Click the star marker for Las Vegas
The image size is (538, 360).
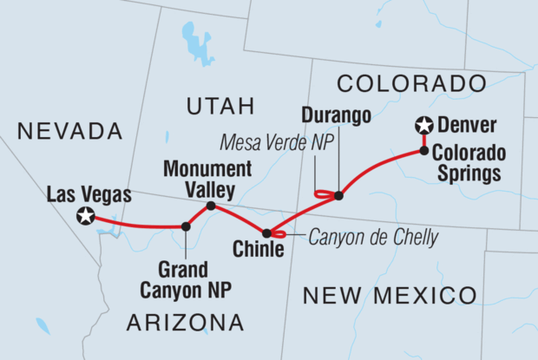pyautogui.click(x=85, y=216)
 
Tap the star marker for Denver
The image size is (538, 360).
pyautogui.click(x=423, y=127)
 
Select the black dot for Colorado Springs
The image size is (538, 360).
pyautogui.click(x=423, y=150)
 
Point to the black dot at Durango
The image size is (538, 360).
pyautogui.click(x=338, y=195)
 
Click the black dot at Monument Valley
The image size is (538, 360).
pyautogui.click(x=211, y=206)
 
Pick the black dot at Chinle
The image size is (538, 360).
pyautogui.click(x=266, y=232)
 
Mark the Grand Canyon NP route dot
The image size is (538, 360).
pyautogui.click(x=186, y=226)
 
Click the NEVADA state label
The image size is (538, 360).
pyautogui.click(x=69, y=131)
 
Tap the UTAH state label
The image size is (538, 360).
pyautogui.click(x=220, y=106)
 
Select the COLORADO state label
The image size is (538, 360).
pyautogui.click(x=410, y=83)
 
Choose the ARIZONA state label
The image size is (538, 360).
pyautogui.click(x=185, y=324)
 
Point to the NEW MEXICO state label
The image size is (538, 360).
pyautogui.click(x=390, y=295)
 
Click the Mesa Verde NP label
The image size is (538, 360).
pyautogui.click(x=270, y=141)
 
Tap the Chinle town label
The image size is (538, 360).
pyautogui.click(x=259, y=251)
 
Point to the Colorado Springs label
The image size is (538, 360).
pyautogui.click(x=468, y=162)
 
